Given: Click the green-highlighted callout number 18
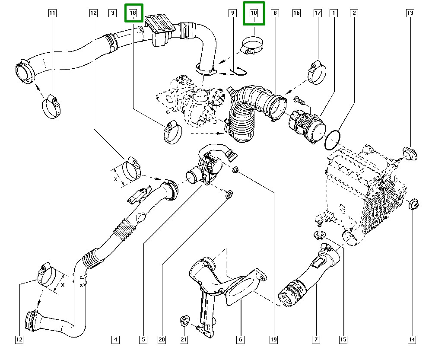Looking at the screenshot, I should pos(133,13).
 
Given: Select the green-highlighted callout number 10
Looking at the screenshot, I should pos(254,13).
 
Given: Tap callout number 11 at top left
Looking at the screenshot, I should pos(52,13).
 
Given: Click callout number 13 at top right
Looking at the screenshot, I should pos(410,13).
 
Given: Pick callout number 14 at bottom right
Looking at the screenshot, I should pos(412,340).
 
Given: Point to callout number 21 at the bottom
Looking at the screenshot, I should pos(184,340).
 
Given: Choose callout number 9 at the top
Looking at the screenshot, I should pos(232,13).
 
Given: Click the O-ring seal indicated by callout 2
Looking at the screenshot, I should pos(332,141).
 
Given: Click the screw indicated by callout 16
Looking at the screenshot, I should pos(300,101).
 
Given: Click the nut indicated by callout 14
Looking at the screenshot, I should pos(414,204).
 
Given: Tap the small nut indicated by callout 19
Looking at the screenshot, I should pos(235,169).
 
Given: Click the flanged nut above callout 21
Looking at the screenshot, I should pos(185,321).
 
